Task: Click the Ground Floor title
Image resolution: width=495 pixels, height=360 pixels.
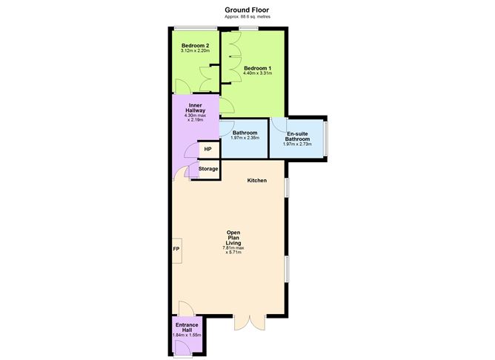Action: (x=247, y=10)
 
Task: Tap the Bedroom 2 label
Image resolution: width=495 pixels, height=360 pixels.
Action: (x=195, y=46)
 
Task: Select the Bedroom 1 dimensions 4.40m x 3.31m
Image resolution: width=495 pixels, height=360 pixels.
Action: (x=257, y=73)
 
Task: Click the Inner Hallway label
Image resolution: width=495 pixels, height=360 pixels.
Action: (x=195, y=108)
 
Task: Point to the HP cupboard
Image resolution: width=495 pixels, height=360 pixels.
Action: (x=208, y=149)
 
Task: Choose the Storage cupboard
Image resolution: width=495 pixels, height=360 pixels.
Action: (x=208, y=170)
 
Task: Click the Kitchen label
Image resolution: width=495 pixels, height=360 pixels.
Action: (x=257, y=181)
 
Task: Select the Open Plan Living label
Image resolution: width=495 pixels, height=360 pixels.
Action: (x=233, y=238)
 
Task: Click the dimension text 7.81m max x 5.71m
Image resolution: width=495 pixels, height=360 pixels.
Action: (x=233, y=250)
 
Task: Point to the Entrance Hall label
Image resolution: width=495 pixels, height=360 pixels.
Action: (x=187, y=327)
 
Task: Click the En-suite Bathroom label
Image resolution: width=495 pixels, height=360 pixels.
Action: (x=297, y=136)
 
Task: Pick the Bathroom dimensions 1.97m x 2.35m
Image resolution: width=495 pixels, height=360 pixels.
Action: (x=245, y=138)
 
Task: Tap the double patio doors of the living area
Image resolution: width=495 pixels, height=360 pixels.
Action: (x=250, y=321)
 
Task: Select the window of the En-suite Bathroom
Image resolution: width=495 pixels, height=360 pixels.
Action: (x=326, y=139)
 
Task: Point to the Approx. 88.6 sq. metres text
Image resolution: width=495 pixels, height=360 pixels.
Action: (x=247, y=17)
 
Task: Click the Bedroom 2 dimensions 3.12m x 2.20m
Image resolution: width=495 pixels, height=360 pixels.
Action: (x=195, y=50)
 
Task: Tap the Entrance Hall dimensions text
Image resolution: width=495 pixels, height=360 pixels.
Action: (x=187, y=335)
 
